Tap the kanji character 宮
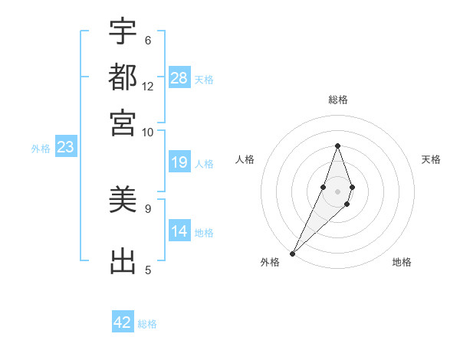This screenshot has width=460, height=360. [123, 122]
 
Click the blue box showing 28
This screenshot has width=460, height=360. [179, 78]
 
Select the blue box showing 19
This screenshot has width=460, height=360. [179, 162]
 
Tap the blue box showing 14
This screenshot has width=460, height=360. [179, 231]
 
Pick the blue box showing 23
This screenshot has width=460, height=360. [65, 148]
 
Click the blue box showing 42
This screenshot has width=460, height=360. [123, 322]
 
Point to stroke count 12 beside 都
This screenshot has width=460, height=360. [148, 86]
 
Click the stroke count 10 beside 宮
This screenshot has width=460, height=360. [148, 131]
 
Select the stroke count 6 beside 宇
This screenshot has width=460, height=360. [147, 40]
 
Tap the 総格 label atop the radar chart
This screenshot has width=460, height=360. [338, 100]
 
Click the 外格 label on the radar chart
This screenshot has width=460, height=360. [270, 262]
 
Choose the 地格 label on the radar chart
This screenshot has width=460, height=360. [402, 262]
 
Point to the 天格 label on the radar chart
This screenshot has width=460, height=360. [431, 159]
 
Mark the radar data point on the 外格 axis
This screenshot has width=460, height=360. [292, 253]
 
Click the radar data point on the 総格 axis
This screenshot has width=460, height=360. [337, 146]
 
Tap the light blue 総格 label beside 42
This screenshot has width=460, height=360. [147, 324]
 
